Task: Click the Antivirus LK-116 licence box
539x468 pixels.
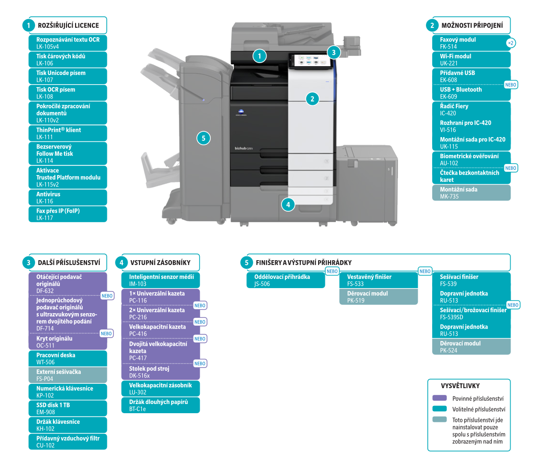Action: point(68,198)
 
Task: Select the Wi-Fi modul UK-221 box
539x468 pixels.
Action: point(471,60)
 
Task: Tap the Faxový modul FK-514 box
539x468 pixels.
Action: point(471,43)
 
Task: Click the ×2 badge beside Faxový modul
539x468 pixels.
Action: point(511,43)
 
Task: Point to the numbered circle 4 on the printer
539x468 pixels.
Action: point(288,205)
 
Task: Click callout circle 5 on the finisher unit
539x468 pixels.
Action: point(204,138)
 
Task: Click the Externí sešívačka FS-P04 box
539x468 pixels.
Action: point(68,375)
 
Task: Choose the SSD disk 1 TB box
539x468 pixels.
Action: point(68,408)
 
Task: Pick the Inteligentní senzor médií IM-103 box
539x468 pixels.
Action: point(161,280)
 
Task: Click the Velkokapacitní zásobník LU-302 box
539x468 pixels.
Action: point(161,389)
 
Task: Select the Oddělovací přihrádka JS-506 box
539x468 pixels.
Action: point(286,280)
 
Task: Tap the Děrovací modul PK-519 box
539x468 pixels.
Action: point(378,297)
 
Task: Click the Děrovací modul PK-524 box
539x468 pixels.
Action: point(471,347)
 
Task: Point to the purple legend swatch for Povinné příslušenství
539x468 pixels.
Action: point(440,398)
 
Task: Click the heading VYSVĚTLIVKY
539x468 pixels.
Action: point(460,386)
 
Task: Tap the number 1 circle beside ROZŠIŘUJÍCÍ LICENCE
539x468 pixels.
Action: point(28,25)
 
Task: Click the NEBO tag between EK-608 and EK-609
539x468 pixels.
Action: point(511,85)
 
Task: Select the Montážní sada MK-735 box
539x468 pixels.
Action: point(471,193)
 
